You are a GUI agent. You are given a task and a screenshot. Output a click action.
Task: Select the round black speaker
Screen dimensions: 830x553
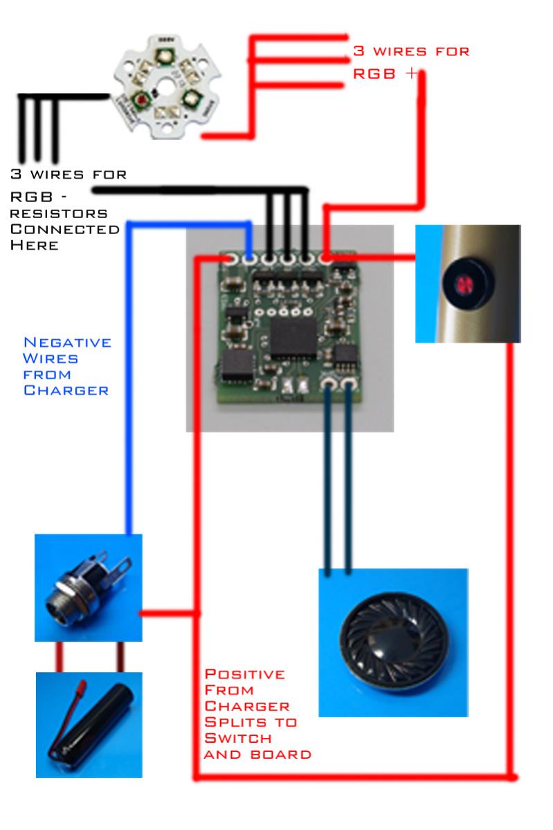coord(393,642)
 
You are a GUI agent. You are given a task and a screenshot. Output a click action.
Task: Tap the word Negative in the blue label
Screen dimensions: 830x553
coord(67,343)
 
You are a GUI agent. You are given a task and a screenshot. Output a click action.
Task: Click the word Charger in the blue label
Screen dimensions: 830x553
coord(66,391)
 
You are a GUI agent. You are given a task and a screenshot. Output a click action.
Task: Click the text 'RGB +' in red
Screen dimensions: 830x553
coord(384,73)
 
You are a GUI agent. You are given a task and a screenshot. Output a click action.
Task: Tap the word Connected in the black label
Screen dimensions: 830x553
coord(64,230)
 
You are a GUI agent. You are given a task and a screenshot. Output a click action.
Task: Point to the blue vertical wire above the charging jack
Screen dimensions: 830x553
coord(128,415)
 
